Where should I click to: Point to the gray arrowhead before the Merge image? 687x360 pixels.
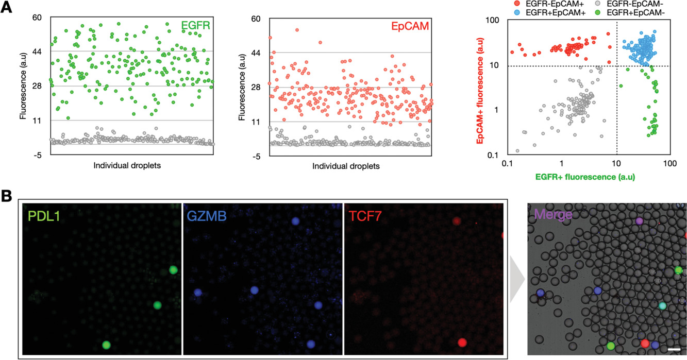click(516, 281)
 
